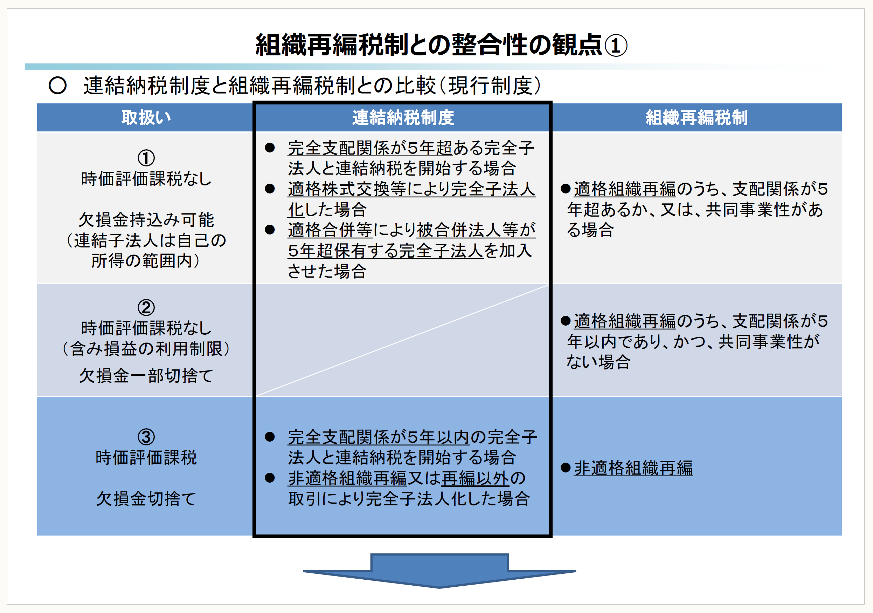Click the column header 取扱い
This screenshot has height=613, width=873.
point(146,117)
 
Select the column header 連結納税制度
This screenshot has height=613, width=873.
point(403,117)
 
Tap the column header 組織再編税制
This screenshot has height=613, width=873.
point(697,117)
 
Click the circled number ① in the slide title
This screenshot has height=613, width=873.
point(616,45)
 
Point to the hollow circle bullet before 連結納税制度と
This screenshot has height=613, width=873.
point(58,86)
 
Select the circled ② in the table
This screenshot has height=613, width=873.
point(146,307)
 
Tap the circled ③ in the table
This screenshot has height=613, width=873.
point(146,437)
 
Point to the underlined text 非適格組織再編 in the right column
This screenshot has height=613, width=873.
point(633,468)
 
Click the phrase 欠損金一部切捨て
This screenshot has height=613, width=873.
point(146,376)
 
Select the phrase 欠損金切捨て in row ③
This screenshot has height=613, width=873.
point(146,498)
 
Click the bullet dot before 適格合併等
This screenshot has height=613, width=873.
point(270,230)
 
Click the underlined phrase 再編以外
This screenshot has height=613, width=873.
point(475,478)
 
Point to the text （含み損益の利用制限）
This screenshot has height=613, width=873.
point(146,348)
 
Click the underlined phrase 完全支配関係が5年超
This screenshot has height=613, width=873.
point(370,148)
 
